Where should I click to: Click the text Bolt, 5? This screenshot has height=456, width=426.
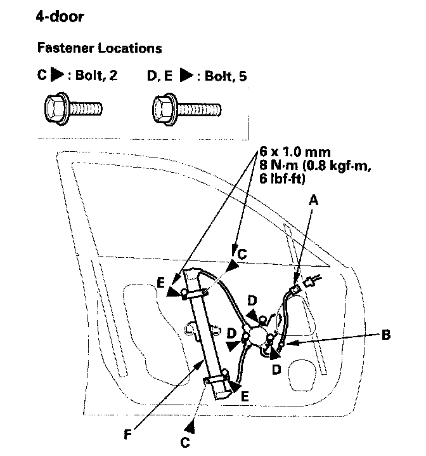click(223, 77)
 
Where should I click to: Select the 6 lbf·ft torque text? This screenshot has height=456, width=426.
click(283, 180)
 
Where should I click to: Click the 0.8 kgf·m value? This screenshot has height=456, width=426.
click(336, 166)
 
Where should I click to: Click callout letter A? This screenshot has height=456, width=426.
click(311, 199)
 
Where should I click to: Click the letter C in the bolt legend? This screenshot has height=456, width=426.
click(41, 77)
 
